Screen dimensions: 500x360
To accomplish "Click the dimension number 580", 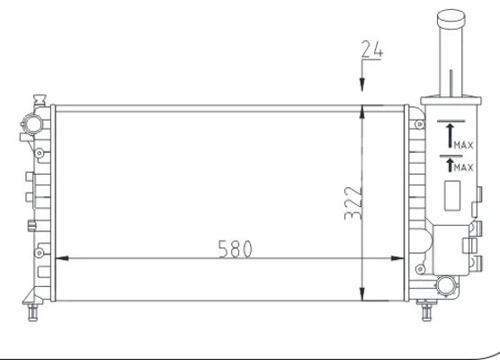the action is (x=235, y=249).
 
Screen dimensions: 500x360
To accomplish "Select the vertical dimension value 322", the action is (x=353, y=203).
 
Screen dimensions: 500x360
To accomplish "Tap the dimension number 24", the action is (x=371, y=49).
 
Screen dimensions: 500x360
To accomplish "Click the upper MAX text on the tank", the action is (x=464, y=146).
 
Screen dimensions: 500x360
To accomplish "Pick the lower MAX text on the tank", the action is (x=464, y=167).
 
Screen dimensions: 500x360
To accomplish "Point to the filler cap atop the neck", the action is (x=451, y=18).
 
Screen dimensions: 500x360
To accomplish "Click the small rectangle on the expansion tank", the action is (x=452, y=195).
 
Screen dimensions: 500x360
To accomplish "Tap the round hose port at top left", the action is (x=33, y=124).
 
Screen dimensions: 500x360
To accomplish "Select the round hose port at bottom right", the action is (x=446, y=285).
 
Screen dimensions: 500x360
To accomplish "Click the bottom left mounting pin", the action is (x=33, y=312).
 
